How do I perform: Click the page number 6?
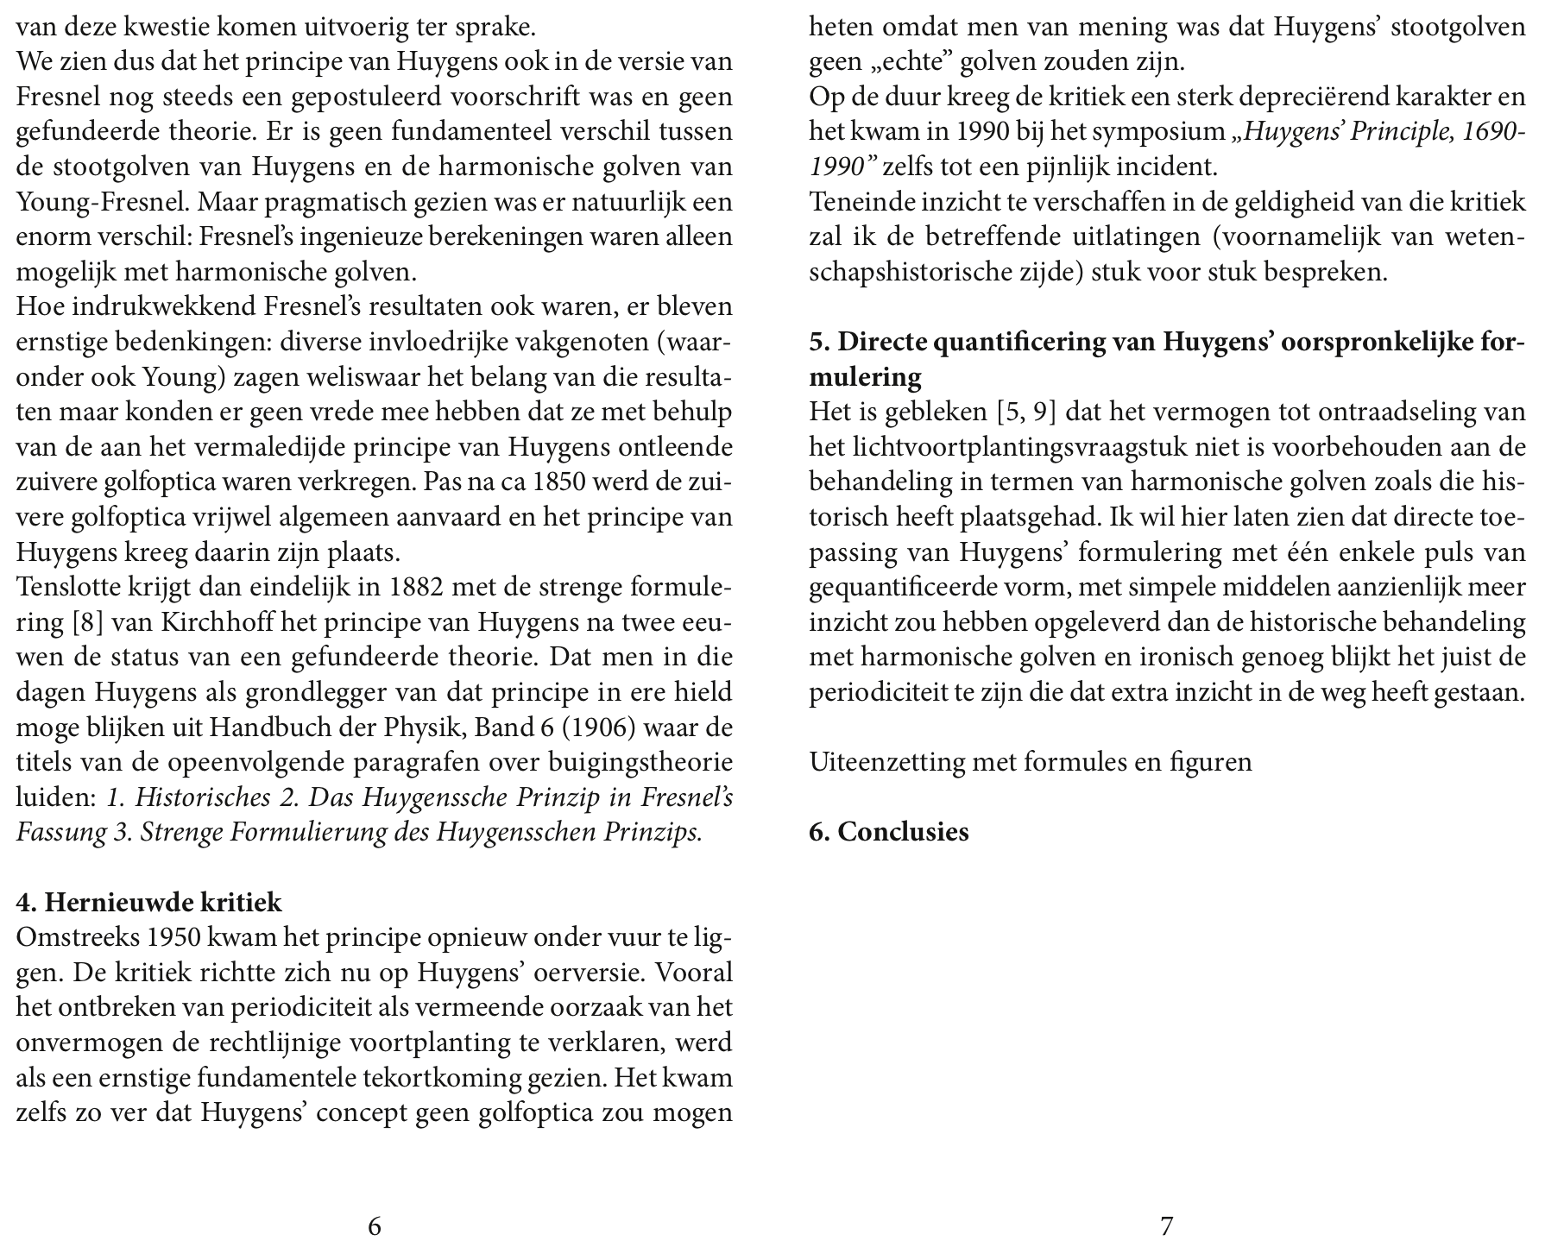click(375, 1225)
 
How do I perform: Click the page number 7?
click(1166, 1225)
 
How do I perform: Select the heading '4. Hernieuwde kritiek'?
click(149, 903)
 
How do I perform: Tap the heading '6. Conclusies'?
click(889, 832)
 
